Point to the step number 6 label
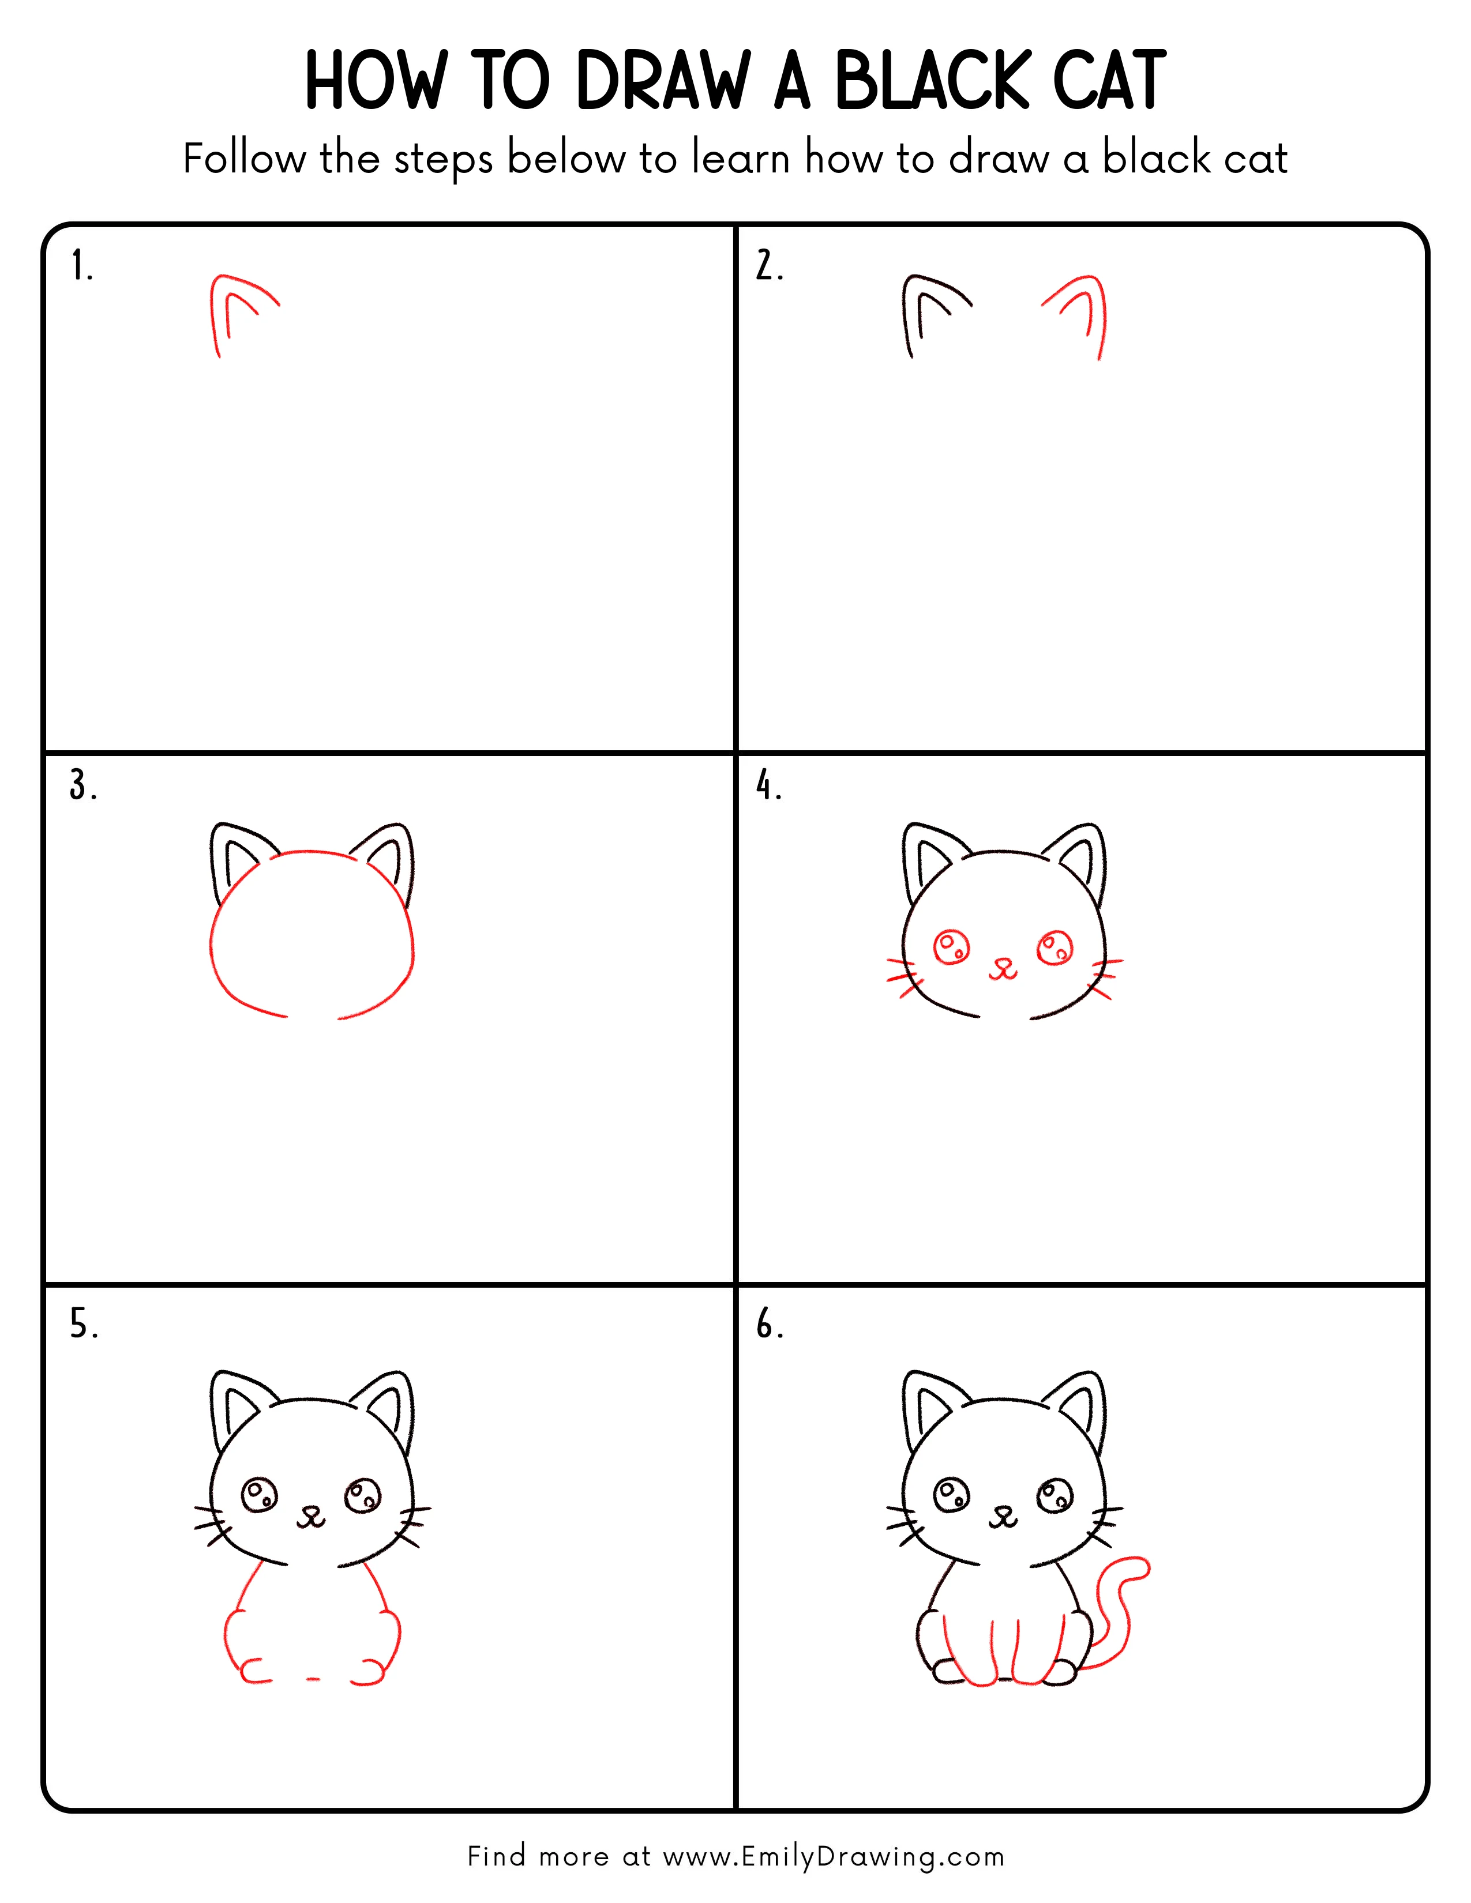(x=768, y=1325)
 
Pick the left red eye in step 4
(x=951, y=947)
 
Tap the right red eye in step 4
(x=1055, y=948)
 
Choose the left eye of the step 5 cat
(x=259, y=1495)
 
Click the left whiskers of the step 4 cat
(x=903, y=977)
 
